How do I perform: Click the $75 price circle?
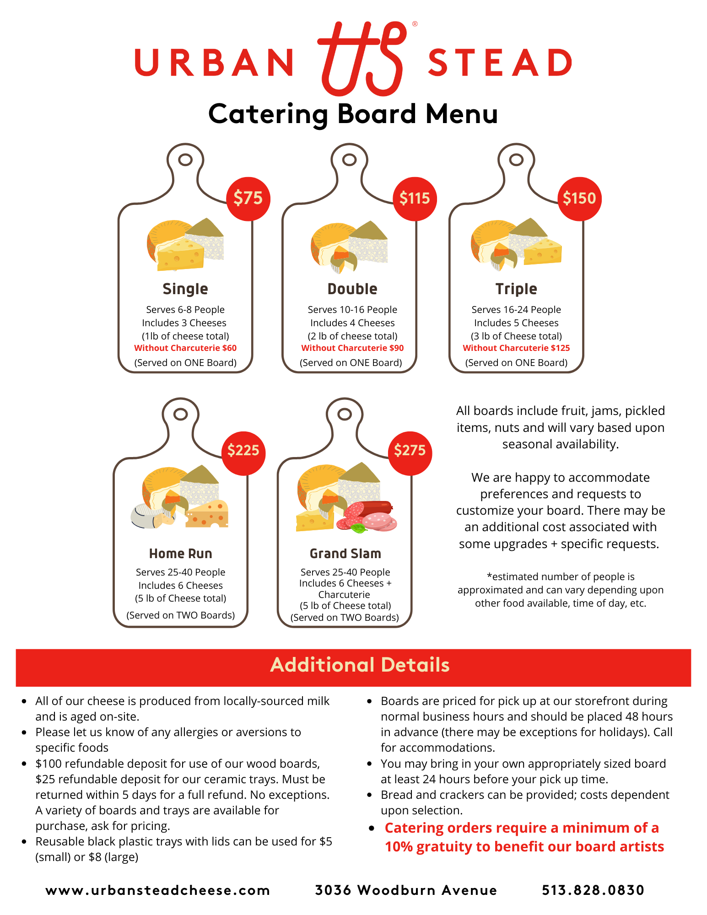(x=248, y=199)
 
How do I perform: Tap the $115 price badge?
(x=415, y=199)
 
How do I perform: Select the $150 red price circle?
(x=579, y=199)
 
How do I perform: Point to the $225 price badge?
(x=243, y=451)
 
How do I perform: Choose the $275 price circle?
(x=410, y=451)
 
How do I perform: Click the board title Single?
(x=185, y=289)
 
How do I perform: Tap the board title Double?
(x=352, y=289)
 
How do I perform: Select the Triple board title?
(x=516, y=289)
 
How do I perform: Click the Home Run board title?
(x=181, y=554)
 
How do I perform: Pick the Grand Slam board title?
(x=345, y=554)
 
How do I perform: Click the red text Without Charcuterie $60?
(x=185, y=348)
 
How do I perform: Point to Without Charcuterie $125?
(x=516, y=348)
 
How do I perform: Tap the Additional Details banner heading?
(x=360, y=665)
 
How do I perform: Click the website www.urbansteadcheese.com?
(x=158, y=890)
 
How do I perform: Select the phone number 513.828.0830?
(x=593, y=890)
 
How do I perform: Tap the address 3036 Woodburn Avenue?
(x=406, y=890)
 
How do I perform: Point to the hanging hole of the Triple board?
(x=516, y=160)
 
